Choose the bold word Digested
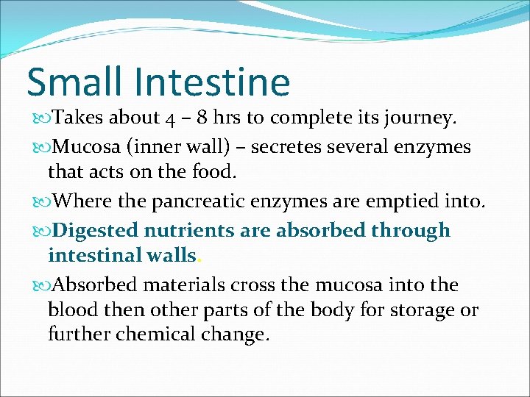tap(97, 230)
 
